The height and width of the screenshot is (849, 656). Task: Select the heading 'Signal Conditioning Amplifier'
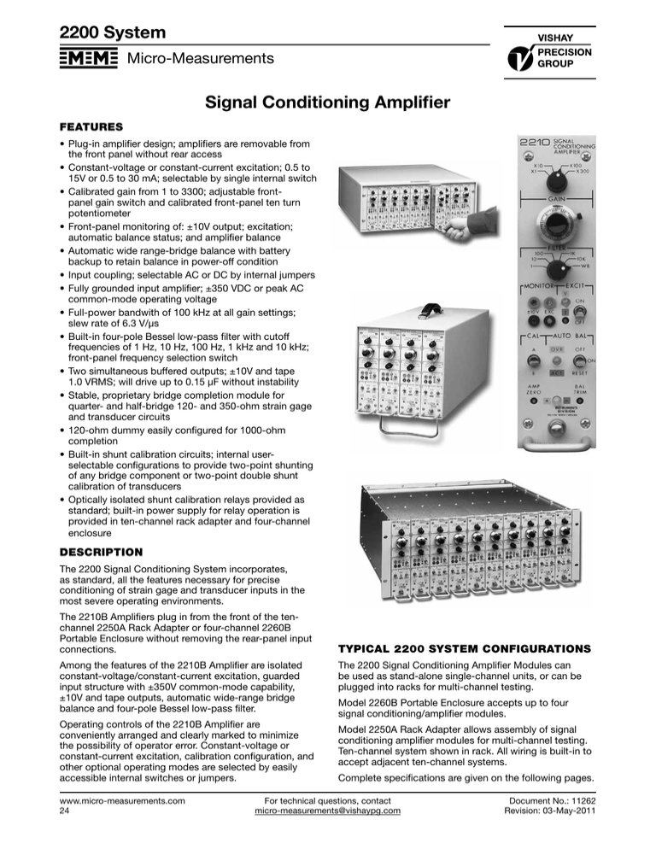pyautogui.click(x=328, y=104)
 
